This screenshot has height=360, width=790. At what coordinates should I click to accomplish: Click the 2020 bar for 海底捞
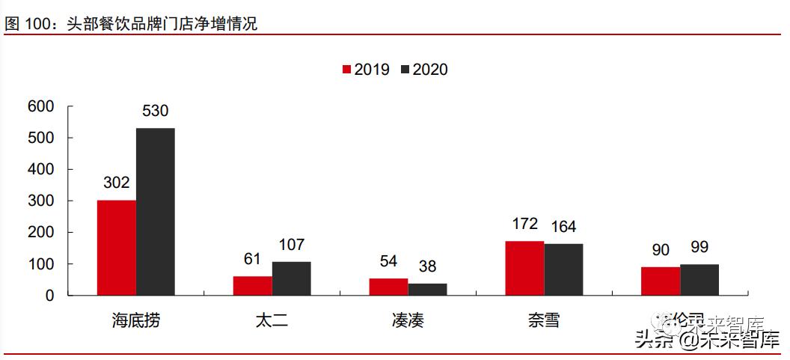[155, 212]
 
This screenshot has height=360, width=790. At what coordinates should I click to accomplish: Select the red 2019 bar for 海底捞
[116, 248]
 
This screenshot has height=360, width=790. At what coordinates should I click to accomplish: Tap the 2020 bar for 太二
[291, 278]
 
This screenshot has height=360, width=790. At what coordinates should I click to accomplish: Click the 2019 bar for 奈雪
[524, 268]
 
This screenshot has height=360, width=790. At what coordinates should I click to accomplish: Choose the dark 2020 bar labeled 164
[563, 269]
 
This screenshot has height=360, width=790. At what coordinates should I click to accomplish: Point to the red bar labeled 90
[661, 281]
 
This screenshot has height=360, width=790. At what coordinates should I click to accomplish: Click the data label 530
[155, 112]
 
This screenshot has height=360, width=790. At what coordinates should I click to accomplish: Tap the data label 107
[291, 245]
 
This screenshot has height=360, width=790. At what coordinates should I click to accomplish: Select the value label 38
[427, 266]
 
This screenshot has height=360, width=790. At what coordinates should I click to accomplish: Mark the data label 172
[524, 224]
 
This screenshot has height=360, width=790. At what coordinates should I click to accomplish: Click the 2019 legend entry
[365, 70]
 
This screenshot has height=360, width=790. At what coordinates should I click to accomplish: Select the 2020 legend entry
[424, 70]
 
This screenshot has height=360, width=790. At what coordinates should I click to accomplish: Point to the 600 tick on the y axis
[40, 107]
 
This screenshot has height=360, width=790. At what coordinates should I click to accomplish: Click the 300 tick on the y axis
[40, 201]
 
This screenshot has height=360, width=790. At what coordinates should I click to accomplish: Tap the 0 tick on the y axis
[49, 296]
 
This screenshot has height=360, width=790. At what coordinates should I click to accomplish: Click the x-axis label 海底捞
[135, 321]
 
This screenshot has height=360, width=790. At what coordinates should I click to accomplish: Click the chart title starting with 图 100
[131, 24]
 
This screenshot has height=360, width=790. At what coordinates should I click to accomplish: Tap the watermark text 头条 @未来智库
[706, 341]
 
